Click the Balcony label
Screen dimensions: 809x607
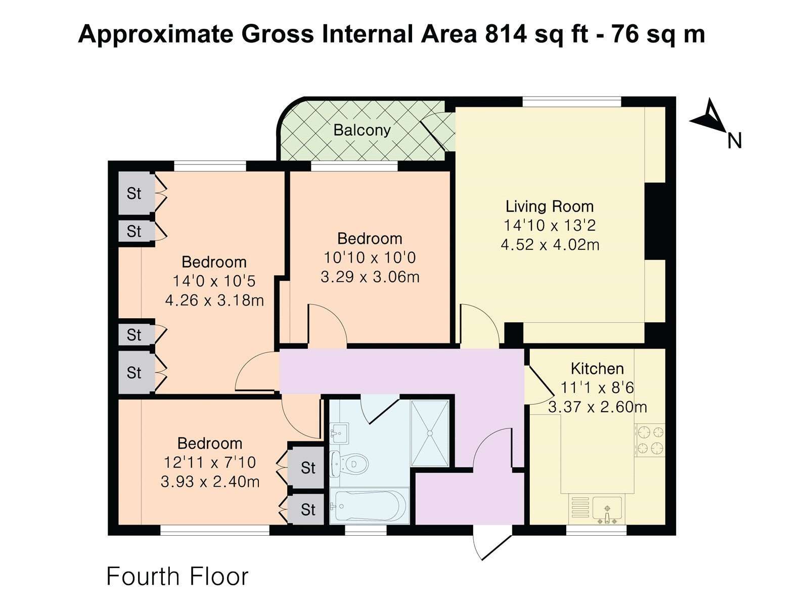(x=362, y=131)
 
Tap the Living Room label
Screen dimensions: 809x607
(x=550, y=206)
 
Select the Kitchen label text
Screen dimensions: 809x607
(x=597, y=369)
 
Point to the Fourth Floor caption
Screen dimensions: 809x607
(x=177, y=577)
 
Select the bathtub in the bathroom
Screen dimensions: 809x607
(x=369, y=506)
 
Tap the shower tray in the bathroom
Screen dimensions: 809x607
(x=430, y=433)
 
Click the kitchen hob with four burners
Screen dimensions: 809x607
(x=650, y=441)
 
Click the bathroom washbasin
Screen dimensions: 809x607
(x=339, y=433)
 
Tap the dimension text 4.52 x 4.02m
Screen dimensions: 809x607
(x=550, y=245)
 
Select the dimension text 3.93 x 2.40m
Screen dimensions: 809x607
(x=210, y=482)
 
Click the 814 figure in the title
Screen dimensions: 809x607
(x=506, y=34)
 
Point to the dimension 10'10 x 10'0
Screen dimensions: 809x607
(x=370, y=257)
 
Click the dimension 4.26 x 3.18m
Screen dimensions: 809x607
(x=214, y=300)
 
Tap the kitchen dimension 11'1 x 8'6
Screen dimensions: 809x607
(x=597, y=387)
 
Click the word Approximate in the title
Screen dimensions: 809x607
(x=156, y=35)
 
